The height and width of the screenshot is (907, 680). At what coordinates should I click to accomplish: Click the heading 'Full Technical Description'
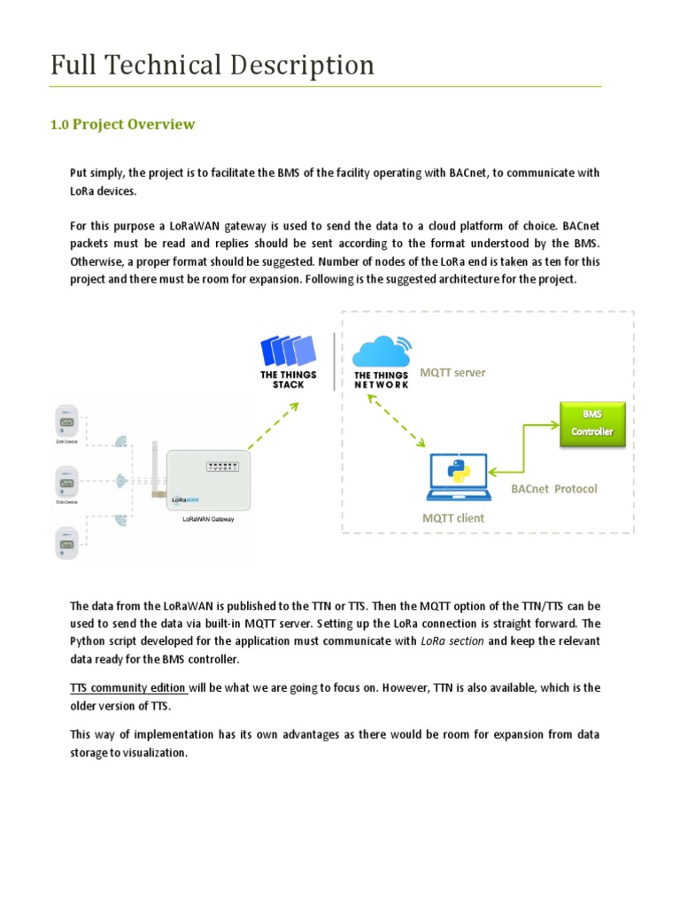212,66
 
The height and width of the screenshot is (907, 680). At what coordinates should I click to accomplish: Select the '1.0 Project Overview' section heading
122,125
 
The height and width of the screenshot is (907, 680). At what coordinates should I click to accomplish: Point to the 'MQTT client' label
453,518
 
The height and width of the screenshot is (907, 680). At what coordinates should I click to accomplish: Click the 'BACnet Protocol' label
554,489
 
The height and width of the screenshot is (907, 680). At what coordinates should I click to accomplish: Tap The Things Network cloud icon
381,351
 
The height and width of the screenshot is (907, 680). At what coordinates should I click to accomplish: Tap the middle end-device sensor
66,481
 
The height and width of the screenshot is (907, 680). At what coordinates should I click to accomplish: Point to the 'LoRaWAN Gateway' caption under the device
206,521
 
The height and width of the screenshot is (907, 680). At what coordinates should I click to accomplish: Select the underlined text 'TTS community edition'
127,688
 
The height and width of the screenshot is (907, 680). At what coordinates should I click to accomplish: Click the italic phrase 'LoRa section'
452,640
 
